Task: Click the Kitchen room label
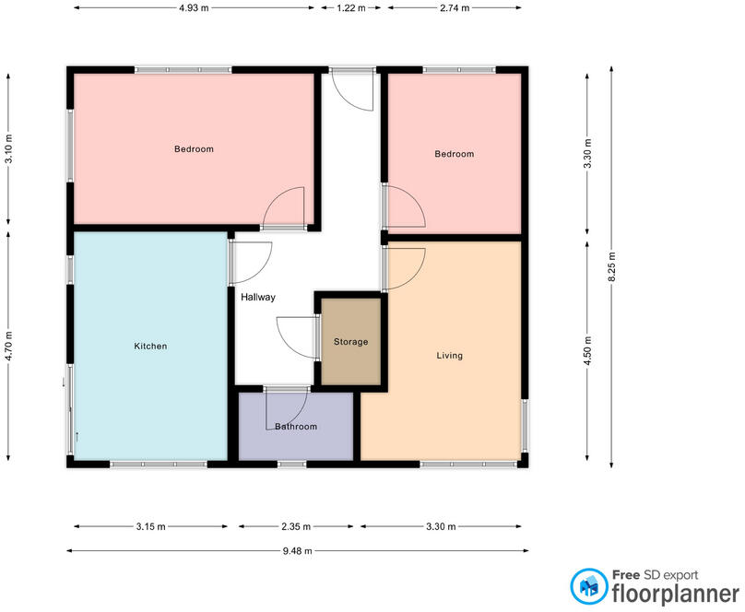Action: tap(150, 347)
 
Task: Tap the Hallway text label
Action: tap(258, 298)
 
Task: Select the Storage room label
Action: tap(350, 342)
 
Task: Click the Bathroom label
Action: tap(296, 427)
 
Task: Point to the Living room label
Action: tap(450, 355)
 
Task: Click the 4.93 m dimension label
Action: tap(195, 7)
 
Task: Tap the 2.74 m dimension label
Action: tap(455, 7)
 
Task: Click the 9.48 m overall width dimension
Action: tap(297, 551)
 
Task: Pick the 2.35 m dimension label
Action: tap(296, 527)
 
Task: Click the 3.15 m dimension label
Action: tap(150, 527)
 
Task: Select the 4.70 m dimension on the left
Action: tap(8, 347)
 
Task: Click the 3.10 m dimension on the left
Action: tap(8, 149)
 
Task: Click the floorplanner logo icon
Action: tap(587, 586)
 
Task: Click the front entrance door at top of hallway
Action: tap(352, 88)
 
